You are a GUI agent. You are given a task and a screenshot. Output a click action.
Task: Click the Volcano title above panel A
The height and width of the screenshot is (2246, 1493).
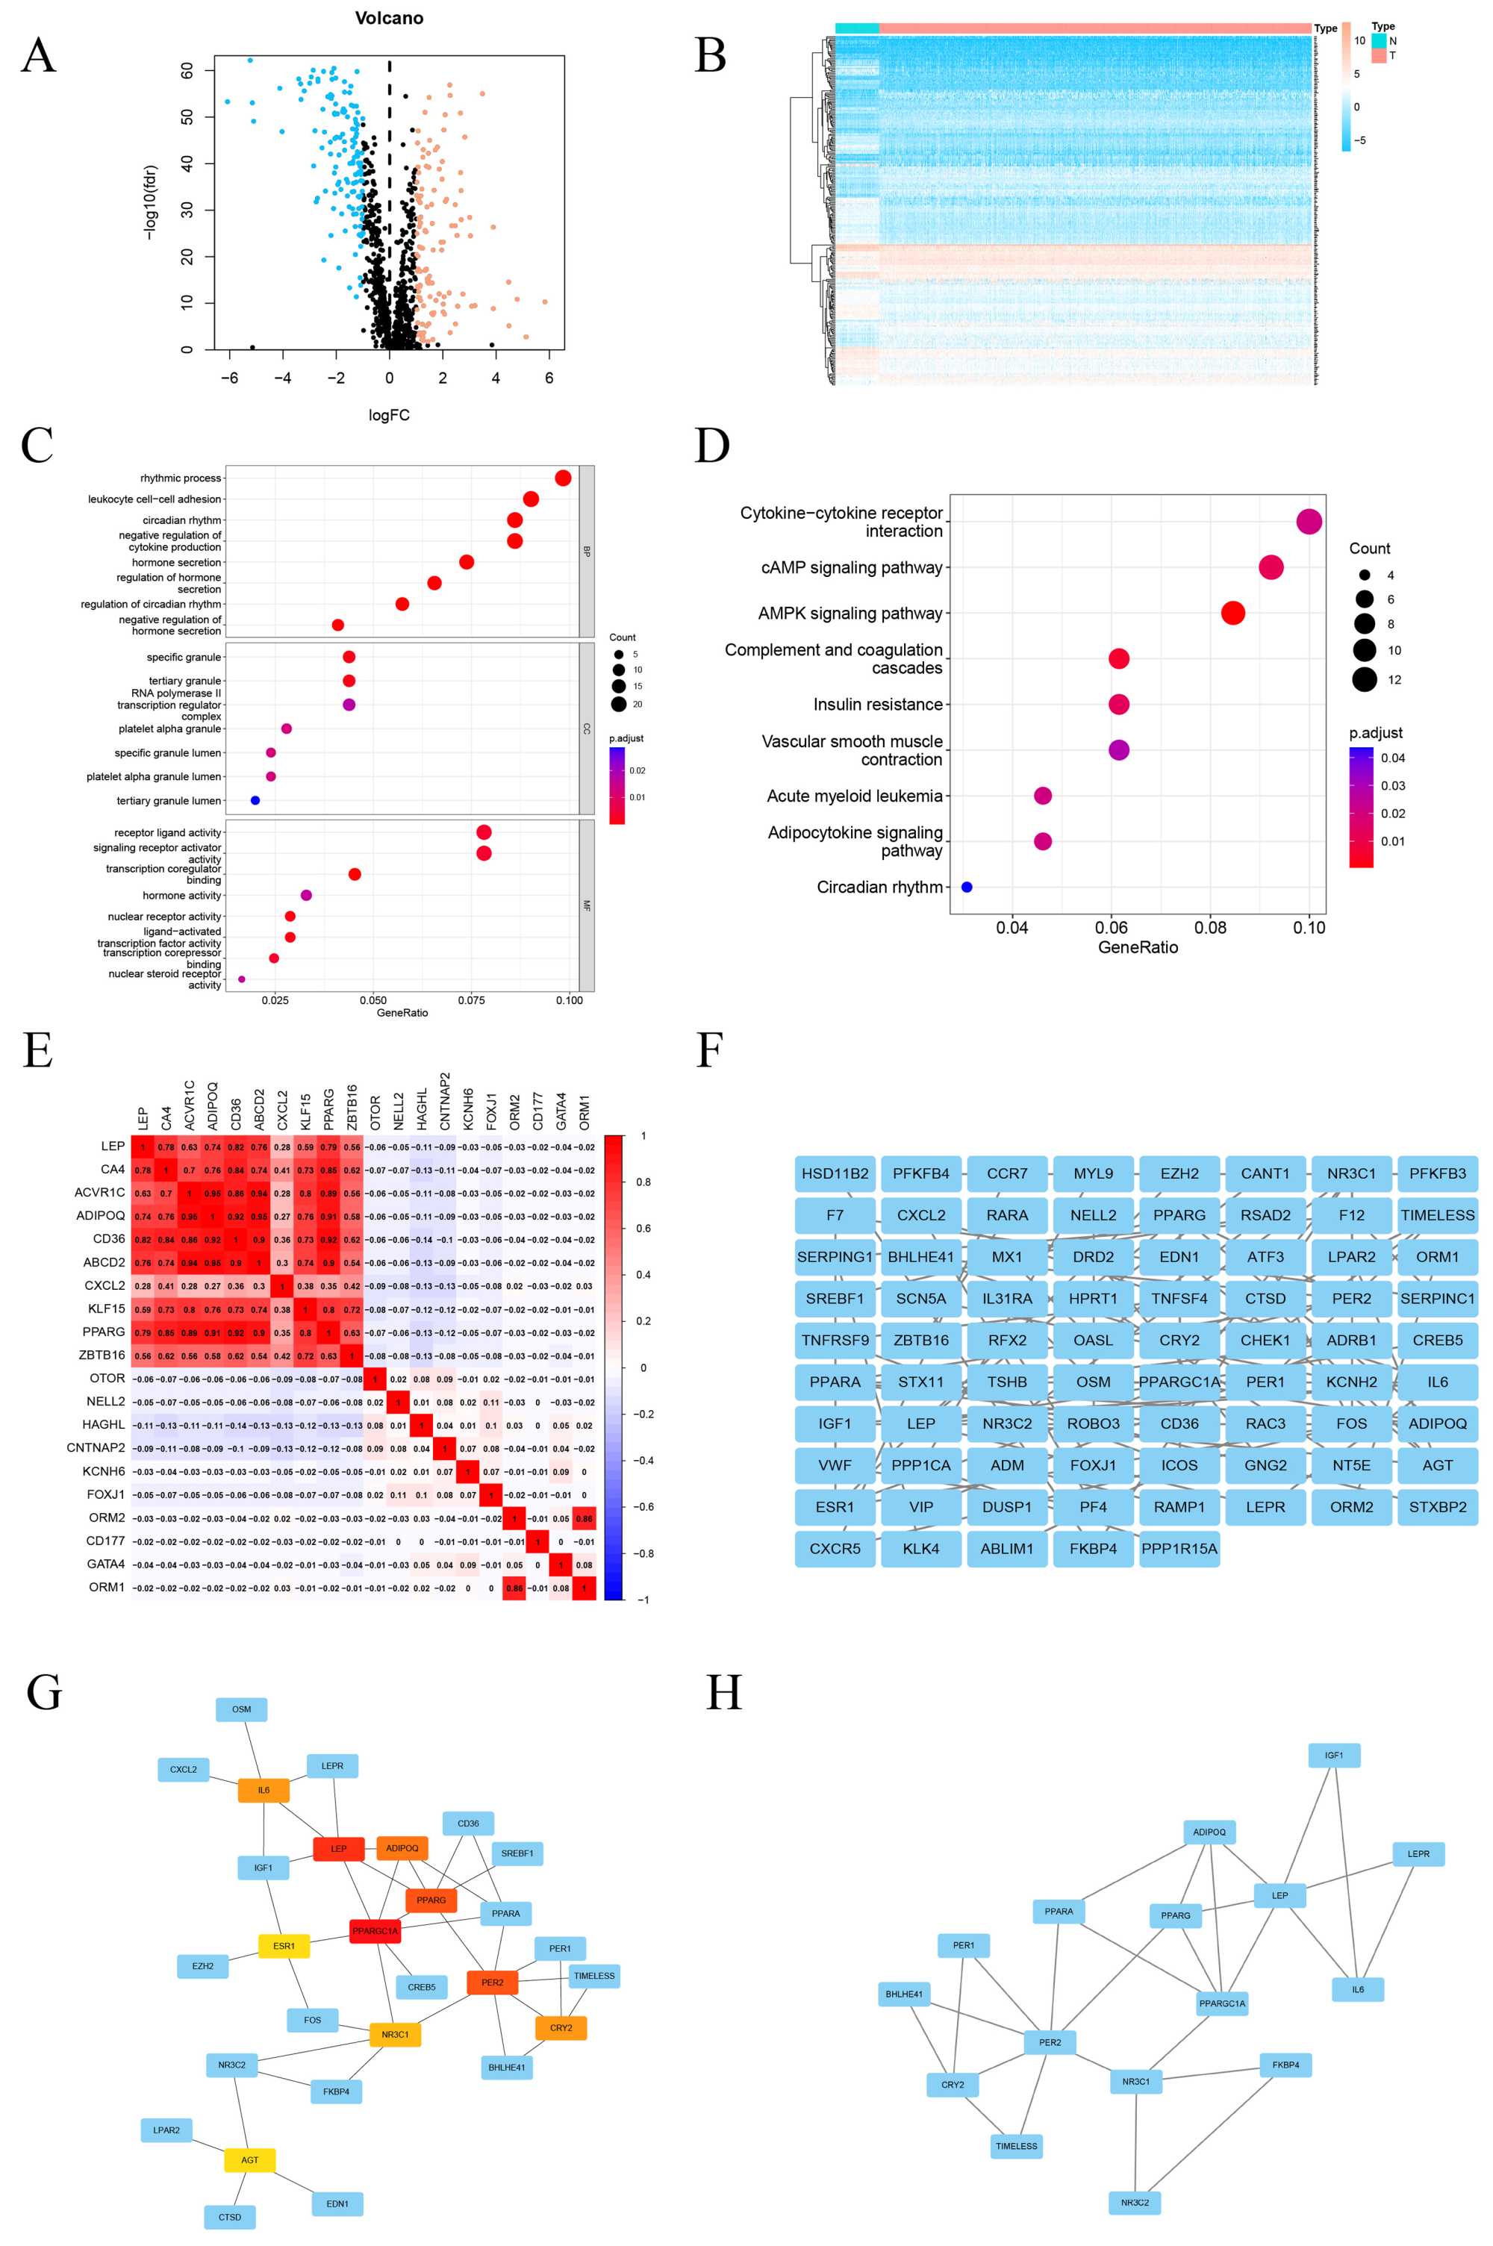click(x=388, y=18)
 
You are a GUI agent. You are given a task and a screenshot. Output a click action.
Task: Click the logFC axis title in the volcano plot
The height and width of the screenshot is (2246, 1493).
click(x=388, y=415)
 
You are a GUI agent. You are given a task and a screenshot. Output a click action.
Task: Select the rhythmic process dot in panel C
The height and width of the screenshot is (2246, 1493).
click(x=563, y=478)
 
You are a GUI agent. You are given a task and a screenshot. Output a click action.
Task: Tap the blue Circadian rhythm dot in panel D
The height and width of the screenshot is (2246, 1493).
click(x=967, y=887)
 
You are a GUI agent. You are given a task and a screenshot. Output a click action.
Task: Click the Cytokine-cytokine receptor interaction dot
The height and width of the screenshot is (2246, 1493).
click(x=1309, y=522)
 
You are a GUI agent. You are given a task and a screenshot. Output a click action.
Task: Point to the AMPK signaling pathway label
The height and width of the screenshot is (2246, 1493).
click(x=850, y=613)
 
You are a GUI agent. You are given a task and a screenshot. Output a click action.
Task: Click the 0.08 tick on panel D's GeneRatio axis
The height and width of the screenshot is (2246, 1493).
click(x=1210, y=927)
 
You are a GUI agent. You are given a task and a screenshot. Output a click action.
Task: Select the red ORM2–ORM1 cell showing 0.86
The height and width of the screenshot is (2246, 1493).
click(x=584, y=1517)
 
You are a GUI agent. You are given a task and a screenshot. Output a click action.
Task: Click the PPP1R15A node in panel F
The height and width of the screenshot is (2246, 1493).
click(x=1179, y=1549)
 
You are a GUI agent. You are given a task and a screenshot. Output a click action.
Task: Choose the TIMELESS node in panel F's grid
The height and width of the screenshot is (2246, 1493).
click(x=1437, y=1215)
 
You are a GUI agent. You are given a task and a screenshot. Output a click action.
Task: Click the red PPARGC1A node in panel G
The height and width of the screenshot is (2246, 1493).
click(x=375, y=1931)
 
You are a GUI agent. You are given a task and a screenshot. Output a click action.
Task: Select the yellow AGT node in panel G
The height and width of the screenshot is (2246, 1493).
click(x=249, y=2159)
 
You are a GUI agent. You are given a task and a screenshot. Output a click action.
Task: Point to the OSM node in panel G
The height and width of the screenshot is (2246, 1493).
click(x=242, y=1709)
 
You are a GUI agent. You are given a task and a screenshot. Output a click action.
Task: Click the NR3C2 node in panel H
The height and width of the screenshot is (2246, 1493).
click(x=1134, y=2202)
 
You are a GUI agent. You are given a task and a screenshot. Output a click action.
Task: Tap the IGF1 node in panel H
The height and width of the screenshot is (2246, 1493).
click(x=1333, y=1755)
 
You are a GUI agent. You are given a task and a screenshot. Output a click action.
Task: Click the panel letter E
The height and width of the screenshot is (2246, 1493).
click(x=37, y=1051)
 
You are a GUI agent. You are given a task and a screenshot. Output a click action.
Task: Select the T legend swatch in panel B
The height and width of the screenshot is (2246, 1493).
click(x=1379, y=56)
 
